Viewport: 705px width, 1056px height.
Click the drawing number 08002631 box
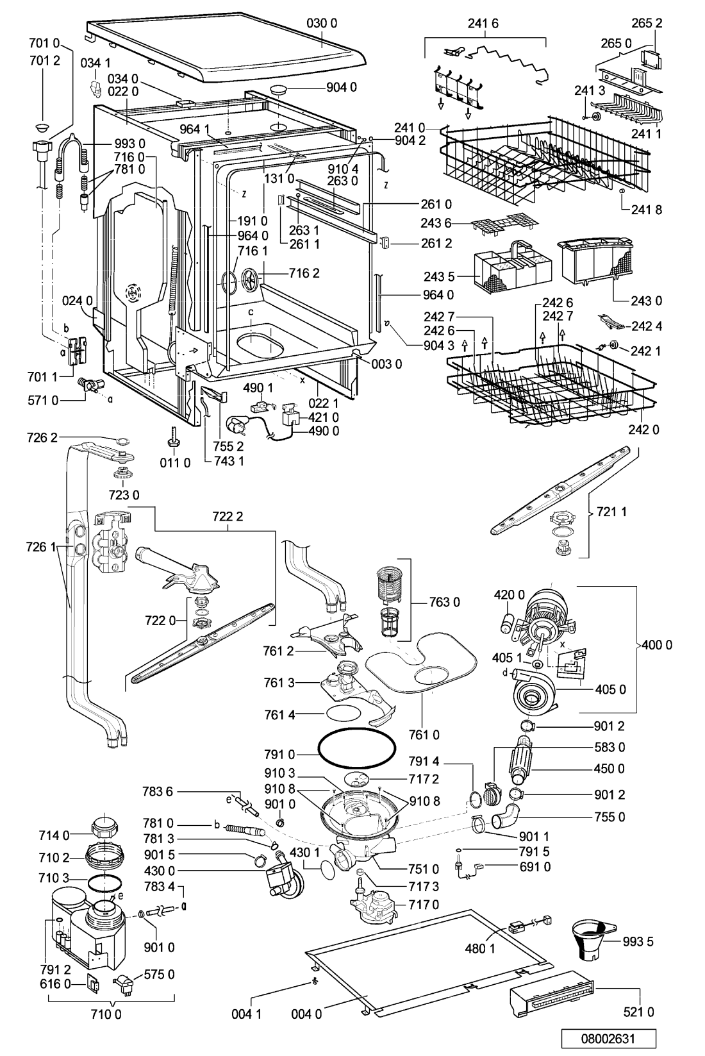pyautogui.click(x=608, y=1039)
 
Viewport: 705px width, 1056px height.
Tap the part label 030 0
pyautogui.click(x=322, y=23)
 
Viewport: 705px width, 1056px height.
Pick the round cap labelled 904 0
pyautogui.click(x=279, y=89)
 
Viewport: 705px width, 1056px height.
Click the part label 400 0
pyautogui.click(x=657, y=645)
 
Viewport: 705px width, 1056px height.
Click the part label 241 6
pyautogui.click(x=483, y=23)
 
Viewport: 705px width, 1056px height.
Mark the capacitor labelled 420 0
pyautogui.click(x=506, y=622)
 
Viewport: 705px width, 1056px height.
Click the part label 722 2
pyautogui.click(x=228, y=517)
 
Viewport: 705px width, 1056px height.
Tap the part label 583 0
pyautogui.click(x=610, y=747)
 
